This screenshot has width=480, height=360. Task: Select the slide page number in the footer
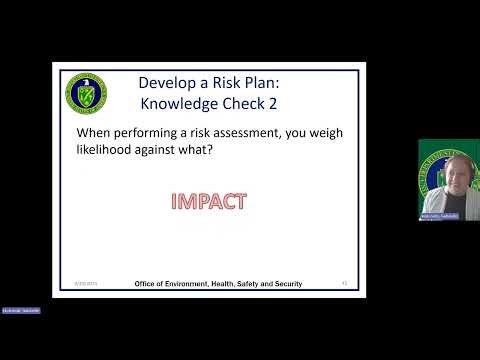point(344,283)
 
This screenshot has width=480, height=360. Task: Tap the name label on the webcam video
point(438,215)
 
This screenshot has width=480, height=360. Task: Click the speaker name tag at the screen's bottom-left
point(20,311)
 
